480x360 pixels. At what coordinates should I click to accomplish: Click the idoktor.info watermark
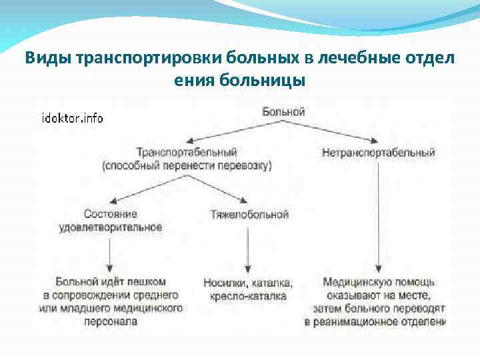72,118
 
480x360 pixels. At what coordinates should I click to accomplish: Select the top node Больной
283,111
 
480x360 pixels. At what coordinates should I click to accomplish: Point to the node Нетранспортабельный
378,153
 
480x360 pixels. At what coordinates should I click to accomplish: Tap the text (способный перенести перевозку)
187,165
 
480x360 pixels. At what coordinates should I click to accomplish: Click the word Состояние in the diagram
111,214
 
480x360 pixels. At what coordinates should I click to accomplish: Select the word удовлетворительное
111,227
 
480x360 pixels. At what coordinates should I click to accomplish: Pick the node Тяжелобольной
249,215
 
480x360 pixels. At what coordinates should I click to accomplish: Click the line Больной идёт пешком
111,281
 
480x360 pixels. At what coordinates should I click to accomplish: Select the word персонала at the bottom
111,321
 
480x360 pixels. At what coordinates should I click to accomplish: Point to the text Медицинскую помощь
378,281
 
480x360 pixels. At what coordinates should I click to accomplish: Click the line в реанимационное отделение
375,321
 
